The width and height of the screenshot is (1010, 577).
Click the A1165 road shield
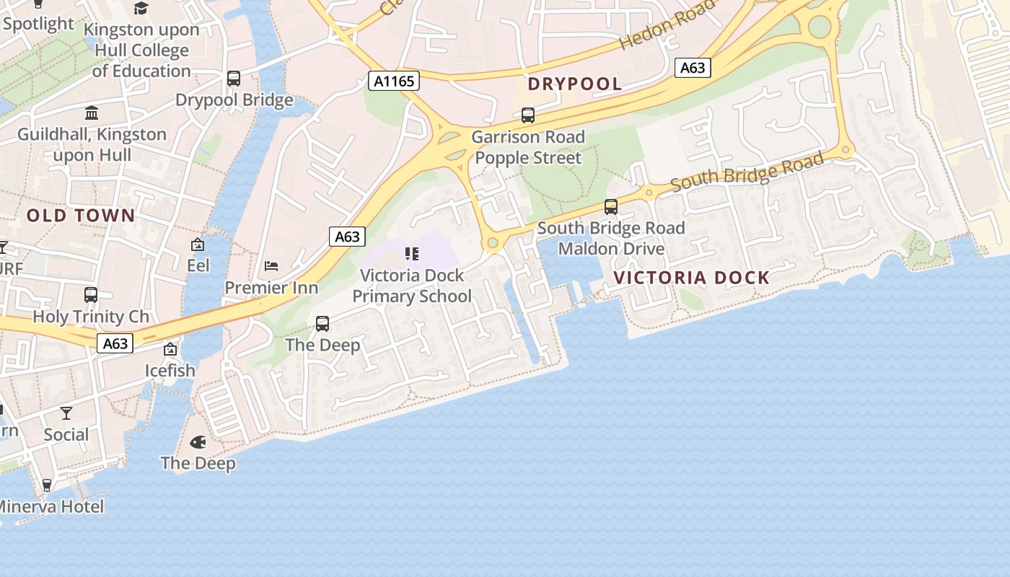click(394, 80)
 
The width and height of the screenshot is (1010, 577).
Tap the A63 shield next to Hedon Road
click(693, 68)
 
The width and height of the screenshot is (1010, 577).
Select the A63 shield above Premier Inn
click(347, 236)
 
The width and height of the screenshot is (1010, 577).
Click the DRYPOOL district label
click(574, 84)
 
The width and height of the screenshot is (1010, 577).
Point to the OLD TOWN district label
click(81, 215)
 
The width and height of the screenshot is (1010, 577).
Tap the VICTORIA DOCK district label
click(691, 278)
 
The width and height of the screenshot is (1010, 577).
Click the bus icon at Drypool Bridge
click(234, 79)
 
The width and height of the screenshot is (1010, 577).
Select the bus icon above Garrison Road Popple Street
click(528, 115)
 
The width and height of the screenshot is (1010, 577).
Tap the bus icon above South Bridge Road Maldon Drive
click(611, 207)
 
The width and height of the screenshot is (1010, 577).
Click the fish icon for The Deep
click(198, 441)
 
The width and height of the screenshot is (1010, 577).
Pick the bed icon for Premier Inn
click(271, 266)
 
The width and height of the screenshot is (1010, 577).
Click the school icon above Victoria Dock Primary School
click(412, 253)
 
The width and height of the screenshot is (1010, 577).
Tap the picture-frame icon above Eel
click(198, 245)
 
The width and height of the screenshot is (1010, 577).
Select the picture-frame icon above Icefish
click(170, 350)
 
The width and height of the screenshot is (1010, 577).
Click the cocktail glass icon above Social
click(66, 413)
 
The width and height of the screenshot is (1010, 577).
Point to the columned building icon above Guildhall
click(92, 113)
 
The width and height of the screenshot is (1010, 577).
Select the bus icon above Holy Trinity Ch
click(91, 295)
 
